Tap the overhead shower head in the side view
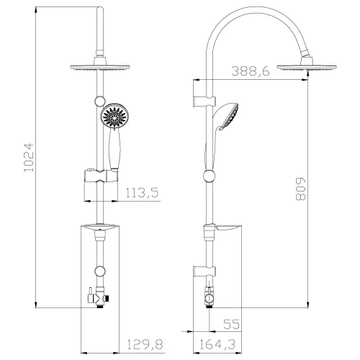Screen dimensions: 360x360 coord(303,66)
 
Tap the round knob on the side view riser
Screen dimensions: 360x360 coord(210,175)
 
